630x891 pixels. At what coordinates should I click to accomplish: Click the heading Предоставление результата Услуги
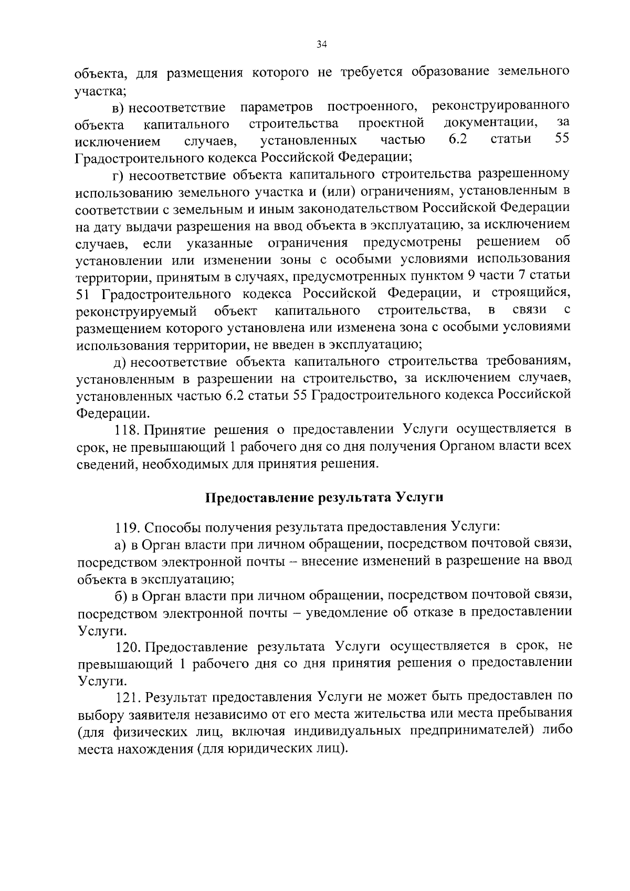(x=324, y=497)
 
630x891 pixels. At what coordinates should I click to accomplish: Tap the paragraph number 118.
(x=126, y=430)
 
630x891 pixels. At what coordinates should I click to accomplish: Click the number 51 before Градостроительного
(x=84, y=293)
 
